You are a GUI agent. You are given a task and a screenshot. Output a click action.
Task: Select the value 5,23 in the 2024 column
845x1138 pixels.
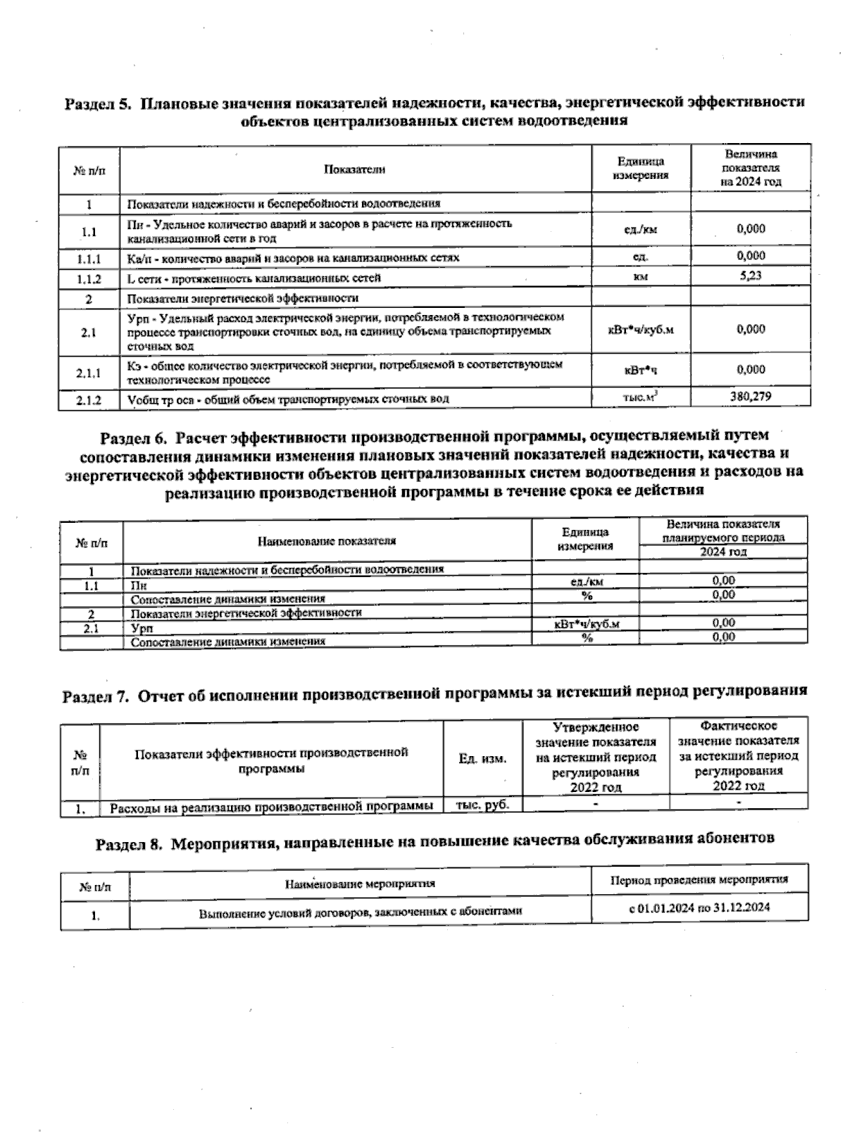click(751, 276)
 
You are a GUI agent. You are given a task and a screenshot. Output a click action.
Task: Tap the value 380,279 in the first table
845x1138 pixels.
click(751, 397)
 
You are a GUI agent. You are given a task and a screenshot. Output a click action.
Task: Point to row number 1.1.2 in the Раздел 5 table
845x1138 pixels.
click(89, 279)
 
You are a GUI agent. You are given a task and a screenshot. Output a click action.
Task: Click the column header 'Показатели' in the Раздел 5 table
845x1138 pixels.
click(355, 169)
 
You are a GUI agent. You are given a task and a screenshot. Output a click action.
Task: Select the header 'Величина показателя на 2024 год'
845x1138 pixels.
click(751, 168)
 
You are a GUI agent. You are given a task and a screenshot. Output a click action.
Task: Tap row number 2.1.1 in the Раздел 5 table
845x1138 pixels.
click(89, 373)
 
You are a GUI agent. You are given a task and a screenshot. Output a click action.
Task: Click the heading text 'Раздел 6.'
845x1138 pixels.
click(135, 438)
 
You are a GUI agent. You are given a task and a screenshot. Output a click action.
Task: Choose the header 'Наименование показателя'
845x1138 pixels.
click(327, 541)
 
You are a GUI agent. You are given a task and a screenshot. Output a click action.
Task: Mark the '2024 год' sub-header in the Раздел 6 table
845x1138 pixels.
click(723, 552)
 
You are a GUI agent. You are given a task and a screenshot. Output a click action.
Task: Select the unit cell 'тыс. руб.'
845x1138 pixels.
click(482, 805)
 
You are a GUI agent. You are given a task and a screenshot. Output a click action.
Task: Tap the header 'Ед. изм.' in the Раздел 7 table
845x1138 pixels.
click(482, 759)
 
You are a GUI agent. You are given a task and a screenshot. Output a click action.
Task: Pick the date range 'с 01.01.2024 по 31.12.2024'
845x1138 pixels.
click(699, 907)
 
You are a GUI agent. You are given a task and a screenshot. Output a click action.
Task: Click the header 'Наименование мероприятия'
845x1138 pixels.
click(360, 883)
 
